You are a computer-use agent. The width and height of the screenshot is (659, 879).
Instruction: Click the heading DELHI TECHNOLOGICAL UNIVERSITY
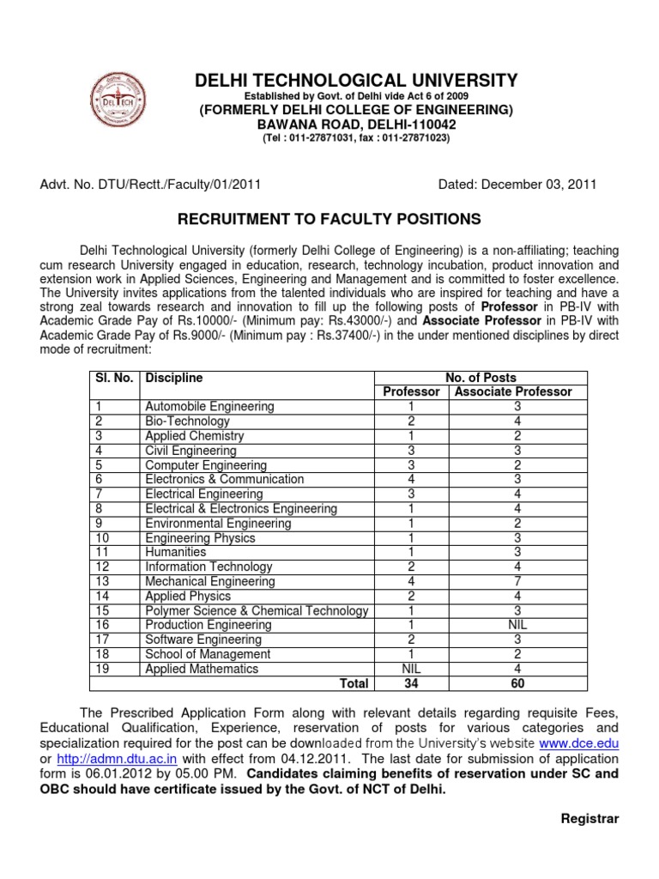pyautogui.click(x=356, y=81)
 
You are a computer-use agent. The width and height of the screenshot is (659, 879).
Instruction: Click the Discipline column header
pyautogui.click(x=174, y=377)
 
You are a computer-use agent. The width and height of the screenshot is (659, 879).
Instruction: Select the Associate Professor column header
pyautogui.click(x=513, y=391)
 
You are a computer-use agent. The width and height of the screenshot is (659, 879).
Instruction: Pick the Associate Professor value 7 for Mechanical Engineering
pyautogui.click(x=517, y=581)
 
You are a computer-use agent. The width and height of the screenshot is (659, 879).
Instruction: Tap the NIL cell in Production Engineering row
pyautogui.click(x=517, y=625)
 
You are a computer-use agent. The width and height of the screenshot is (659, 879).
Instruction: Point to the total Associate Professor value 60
pyautogui.click(x=517, y=683)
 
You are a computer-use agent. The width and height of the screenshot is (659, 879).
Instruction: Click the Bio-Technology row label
pyautogui.click(x=187, y=421)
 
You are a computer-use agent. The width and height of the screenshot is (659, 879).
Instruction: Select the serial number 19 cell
pyautogui.click(x=101, y=669)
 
